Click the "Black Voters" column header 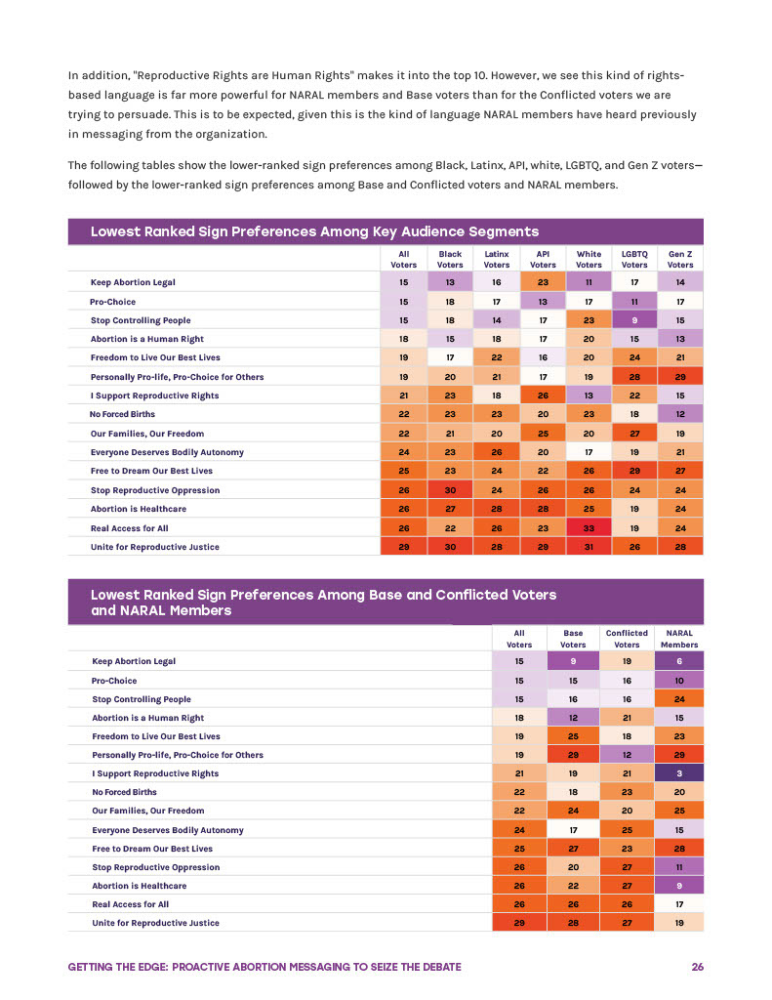click(x=450, y=258)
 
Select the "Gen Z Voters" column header click(x=680, y=258)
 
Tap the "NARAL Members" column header click(x=679, y=638)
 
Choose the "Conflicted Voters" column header click(x=627, y=638)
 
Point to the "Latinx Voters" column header click(x=496, y=258)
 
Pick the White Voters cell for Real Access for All click(x=589, y=527)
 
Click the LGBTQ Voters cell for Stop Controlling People click(x=634, y=320)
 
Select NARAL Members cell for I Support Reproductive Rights click(x=679, y=773)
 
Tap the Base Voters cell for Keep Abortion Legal click(x=573, y=661)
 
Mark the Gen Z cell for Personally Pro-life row click(x=680, y=377)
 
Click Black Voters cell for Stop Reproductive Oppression click(x=450, y=490)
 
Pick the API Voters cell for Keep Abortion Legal click(x=543, y=282)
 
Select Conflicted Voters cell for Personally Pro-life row click(x=627, y=755)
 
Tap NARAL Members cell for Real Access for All click(x=679, y=904)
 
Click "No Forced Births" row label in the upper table click(x=123, y=414)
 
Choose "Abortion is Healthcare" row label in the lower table click(x=139, y=886)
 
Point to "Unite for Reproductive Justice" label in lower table click(x=155, y=923)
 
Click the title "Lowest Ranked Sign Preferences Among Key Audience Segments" click(x=314, y=231)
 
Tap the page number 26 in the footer click(x=697, y=967)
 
